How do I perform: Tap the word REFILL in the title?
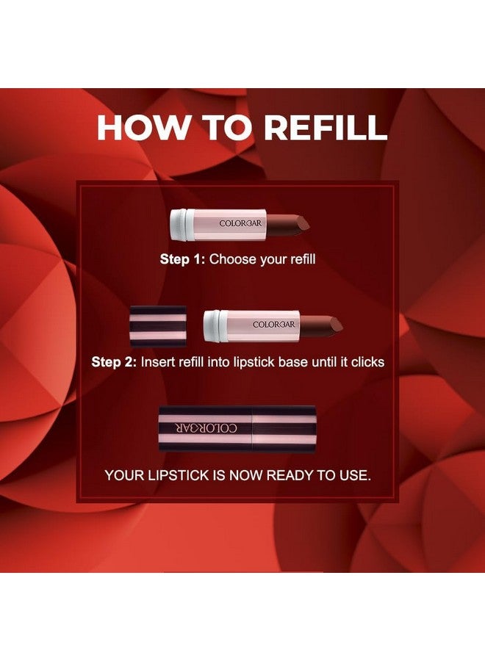click(326, 127)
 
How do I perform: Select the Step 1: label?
click(183, 259)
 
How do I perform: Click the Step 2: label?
click(114, 362)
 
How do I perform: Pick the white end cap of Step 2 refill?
click(211, 325)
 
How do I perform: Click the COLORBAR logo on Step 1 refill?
click(237, 223)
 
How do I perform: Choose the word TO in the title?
click(226, 127)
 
